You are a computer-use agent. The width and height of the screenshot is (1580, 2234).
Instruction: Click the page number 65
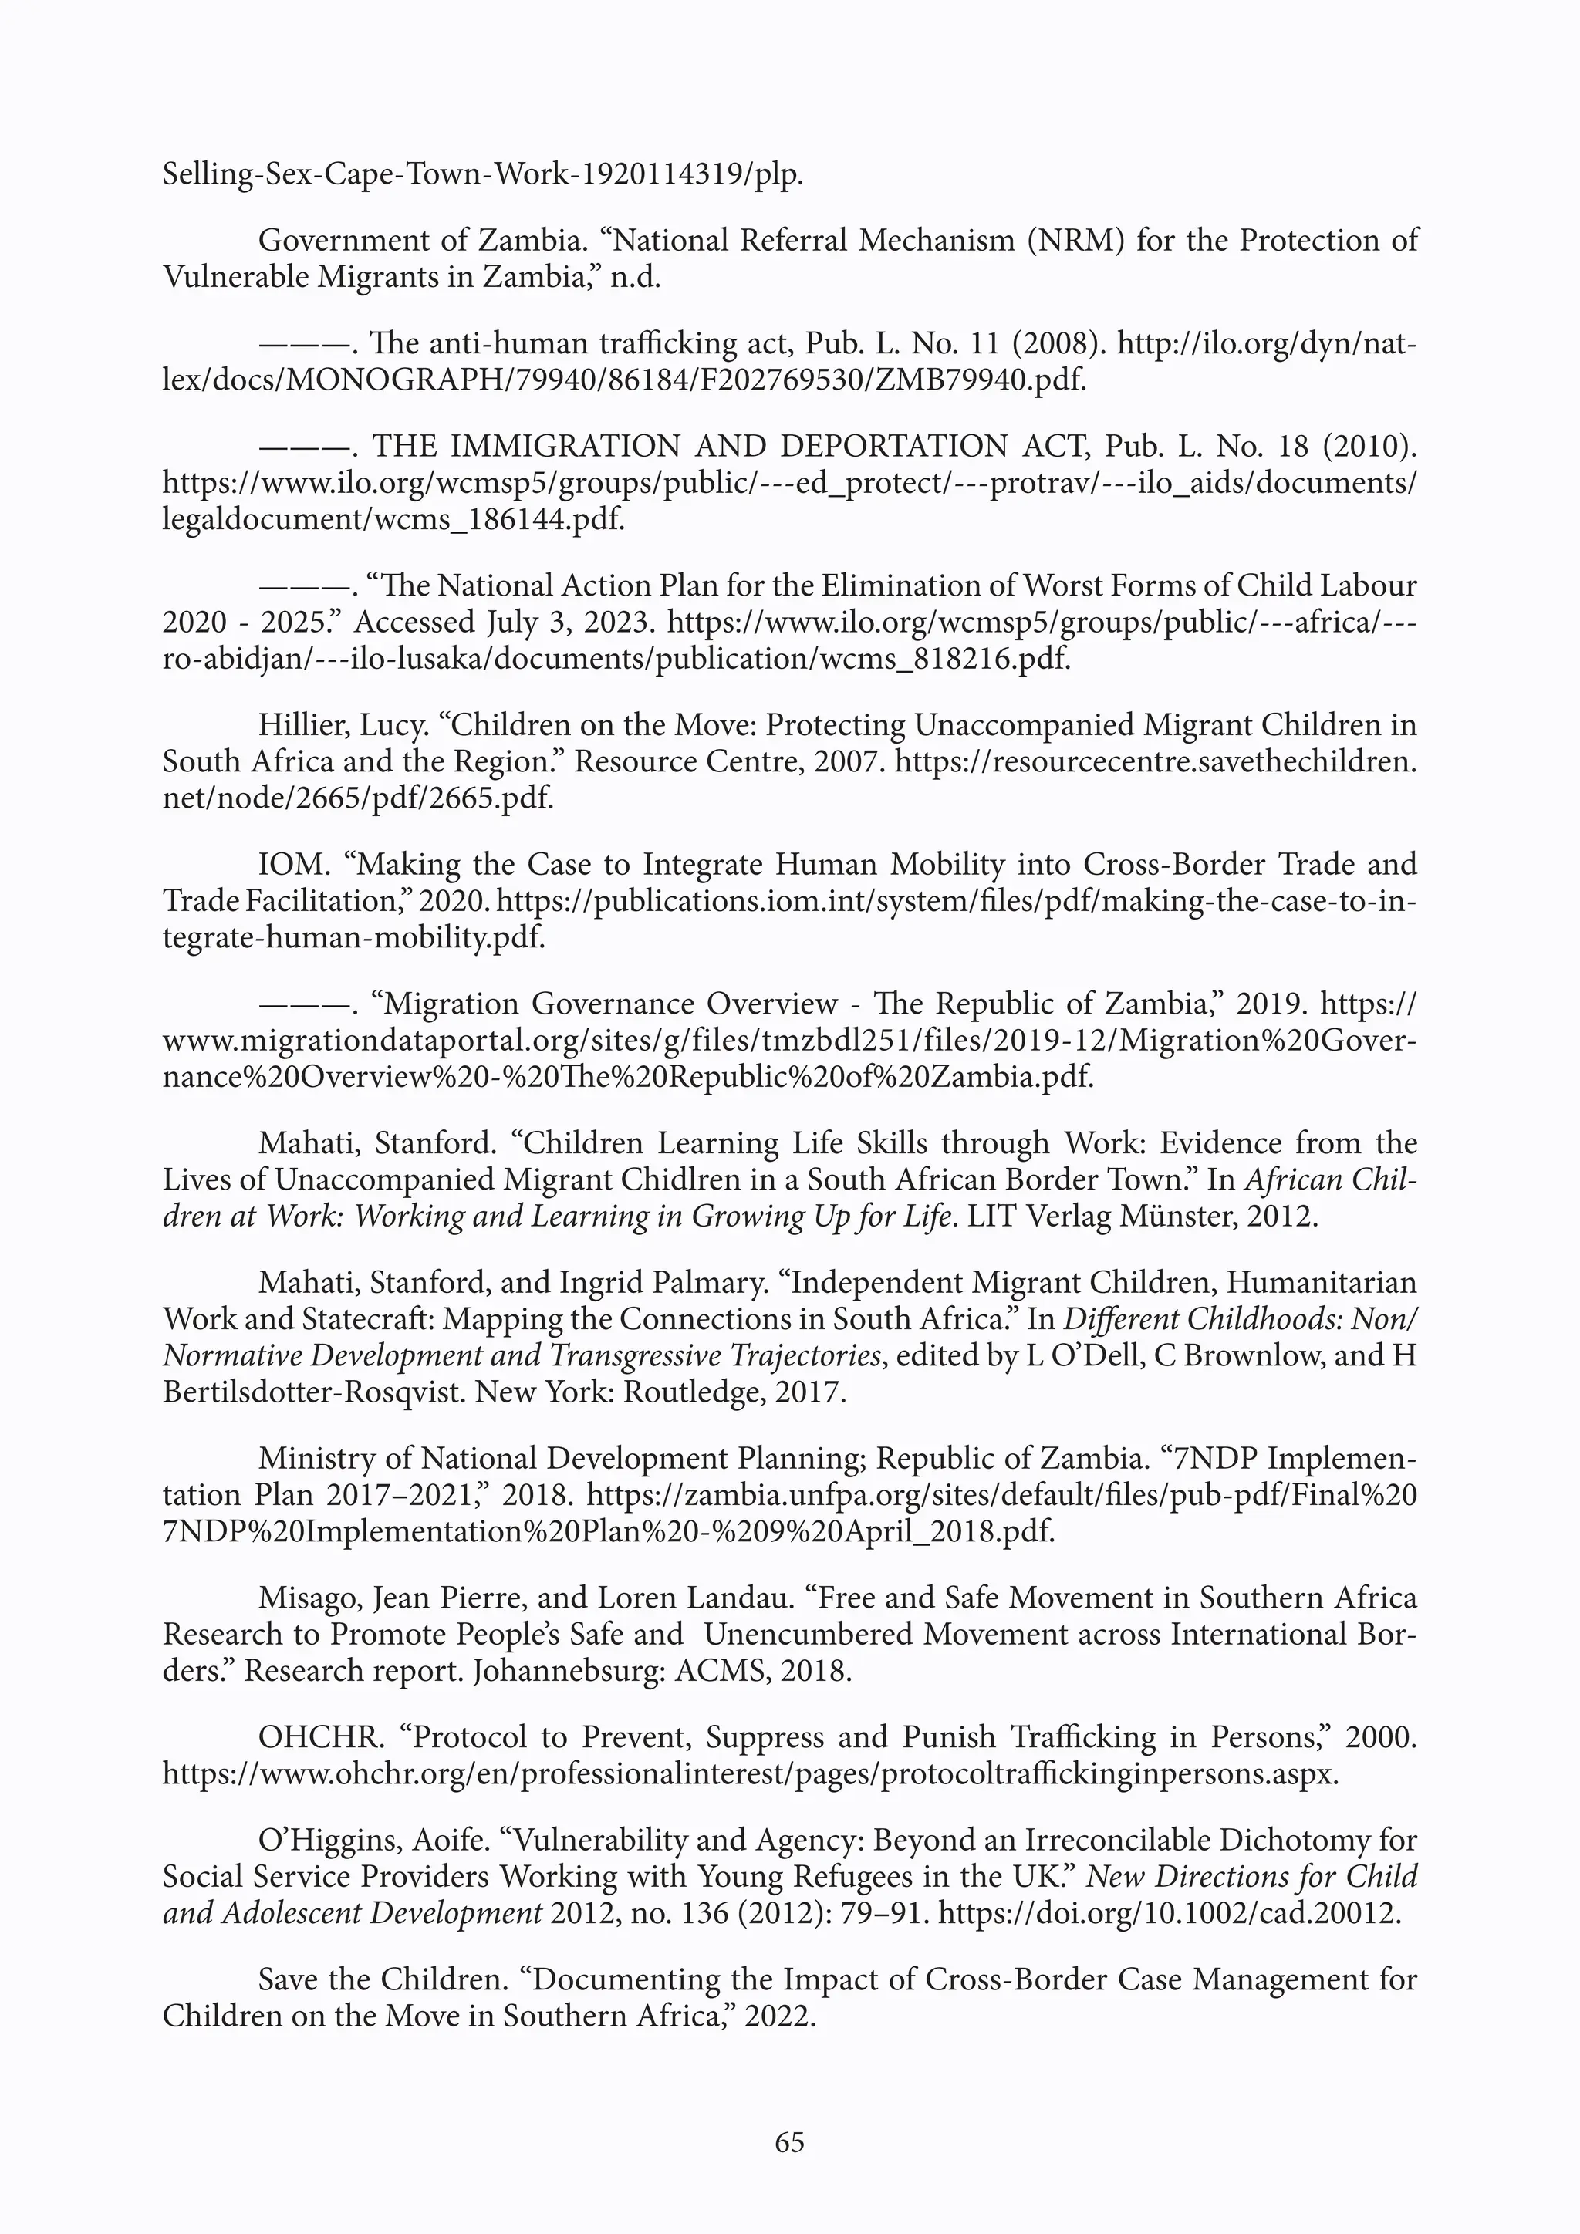[789, 2141]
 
